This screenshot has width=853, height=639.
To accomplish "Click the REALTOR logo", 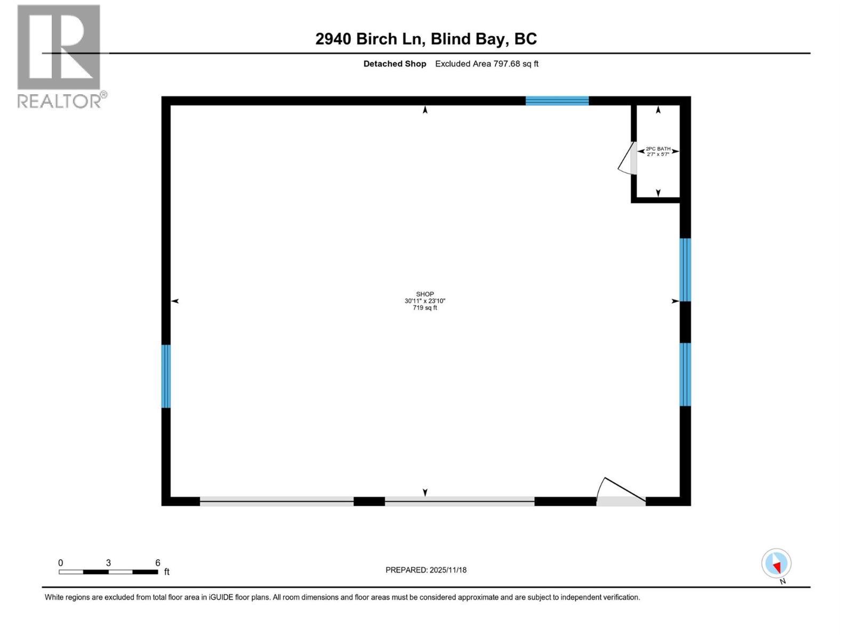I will [60, 56].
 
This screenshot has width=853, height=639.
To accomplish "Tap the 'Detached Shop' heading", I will [395, 64].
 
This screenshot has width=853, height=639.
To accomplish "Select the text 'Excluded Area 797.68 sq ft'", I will [487, 64].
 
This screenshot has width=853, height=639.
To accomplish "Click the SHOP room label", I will [425, 294].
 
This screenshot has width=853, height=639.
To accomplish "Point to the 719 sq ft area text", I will [425, 308].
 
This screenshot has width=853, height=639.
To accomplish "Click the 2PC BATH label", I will [658, 149].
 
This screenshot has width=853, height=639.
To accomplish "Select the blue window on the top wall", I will [557, 101].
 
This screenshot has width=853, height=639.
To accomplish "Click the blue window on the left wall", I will [166, 376].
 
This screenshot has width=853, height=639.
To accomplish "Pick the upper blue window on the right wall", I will [685, 269].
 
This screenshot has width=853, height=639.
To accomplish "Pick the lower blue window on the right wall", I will [685, 374].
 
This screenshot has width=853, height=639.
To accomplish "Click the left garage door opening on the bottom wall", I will [277, 501].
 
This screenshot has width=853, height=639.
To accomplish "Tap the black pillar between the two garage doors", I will [369, 501].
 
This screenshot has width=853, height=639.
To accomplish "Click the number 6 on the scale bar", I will [158, 563].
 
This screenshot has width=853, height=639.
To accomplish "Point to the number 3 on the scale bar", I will [109, 563].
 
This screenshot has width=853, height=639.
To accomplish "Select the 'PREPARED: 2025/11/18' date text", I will [426, 570].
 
